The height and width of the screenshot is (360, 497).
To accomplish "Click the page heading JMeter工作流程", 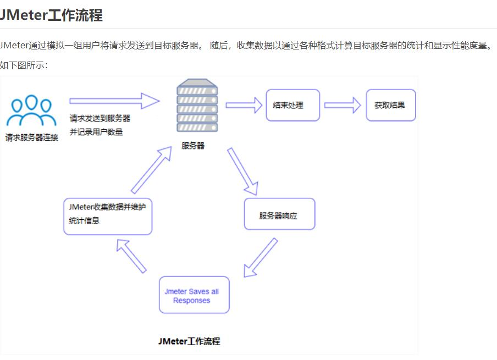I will click(x=51, y=15).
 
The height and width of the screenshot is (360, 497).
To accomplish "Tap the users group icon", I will click(x=31, y=111).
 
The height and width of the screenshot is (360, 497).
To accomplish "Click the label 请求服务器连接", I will click(x=32, y=137).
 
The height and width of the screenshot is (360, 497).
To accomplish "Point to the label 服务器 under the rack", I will click(x=193, y=146).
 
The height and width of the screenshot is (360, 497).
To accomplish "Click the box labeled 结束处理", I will click(x=292, y=105).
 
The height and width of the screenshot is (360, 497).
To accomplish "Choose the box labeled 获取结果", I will click(x=390, y=105).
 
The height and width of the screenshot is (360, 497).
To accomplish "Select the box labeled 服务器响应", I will click(x=279, y=214).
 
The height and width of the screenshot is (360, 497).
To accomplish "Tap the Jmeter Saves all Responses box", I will click(x=194, y=295).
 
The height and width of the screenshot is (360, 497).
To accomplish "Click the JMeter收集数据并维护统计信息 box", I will click(x=107, y=217).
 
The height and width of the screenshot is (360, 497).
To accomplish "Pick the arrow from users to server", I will click(x=114, y=101).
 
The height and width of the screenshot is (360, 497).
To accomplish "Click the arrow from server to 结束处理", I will click(x=244, y=104).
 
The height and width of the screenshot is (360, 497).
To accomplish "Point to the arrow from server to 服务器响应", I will click(x=242, y=171).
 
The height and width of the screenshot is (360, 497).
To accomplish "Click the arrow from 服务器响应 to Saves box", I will click(x=260, y=257).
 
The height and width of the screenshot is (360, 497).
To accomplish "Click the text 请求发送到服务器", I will click(x=100, y=118).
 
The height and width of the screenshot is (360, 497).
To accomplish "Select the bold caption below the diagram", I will click(x=189, y=341).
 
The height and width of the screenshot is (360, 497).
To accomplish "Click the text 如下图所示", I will click(x=24, y=65).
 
